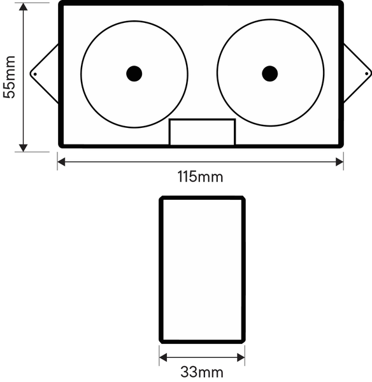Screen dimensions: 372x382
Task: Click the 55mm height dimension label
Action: click(10, 77)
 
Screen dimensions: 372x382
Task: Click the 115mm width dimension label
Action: click(200, 176)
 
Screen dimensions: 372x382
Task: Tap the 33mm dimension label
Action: click(202, 372)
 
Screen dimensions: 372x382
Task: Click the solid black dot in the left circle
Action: click(134, 74)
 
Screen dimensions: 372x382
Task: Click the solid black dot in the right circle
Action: click(269, 74)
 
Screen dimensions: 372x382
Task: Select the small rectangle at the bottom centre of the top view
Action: click(203, 132)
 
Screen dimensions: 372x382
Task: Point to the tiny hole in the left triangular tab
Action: click(35, 74)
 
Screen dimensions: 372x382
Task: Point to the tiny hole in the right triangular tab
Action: click(366, 74)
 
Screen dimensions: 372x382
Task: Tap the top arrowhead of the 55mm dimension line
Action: click(23, 7)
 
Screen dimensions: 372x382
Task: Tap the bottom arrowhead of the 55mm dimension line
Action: click(23, 148)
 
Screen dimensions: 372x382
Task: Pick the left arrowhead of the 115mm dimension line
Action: click(61, 162)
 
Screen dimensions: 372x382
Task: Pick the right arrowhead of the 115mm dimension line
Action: click(340, 162)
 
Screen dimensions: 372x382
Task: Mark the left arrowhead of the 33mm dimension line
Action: click(163, 358)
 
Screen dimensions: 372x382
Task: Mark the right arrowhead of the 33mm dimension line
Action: click(241, 358)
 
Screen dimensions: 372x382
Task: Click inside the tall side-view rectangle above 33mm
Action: click(203, 269)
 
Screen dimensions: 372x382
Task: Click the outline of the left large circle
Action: click(81, 74)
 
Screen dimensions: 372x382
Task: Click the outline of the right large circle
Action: click(217, 73)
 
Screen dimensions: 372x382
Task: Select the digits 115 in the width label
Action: click(187, 176)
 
